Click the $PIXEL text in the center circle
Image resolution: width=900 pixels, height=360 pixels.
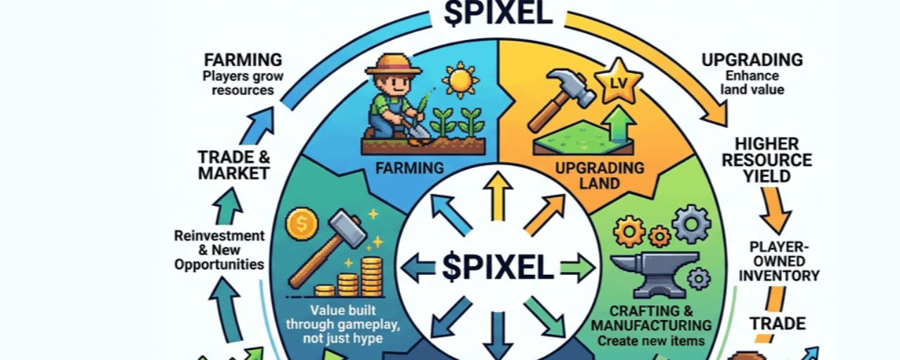click(498, 267)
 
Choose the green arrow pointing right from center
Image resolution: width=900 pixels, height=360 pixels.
click(577, 268)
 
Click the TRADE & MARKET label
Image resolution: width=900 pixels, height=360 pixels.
click(234, 164)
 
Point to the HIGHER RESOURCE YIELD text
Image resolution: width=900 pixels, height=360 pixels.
click(777, 160)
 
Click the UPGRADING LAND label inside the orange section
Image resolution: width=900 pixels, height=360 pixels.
click(599, 176)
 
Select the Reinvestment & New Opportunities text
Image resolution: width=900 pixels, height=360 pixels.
click(219, 250)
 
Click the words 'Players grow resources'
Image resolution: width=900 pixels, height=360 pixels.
click(238, 83)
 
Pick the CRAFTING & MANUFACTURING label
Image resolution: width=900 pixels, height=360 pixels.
click(650, 319)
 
